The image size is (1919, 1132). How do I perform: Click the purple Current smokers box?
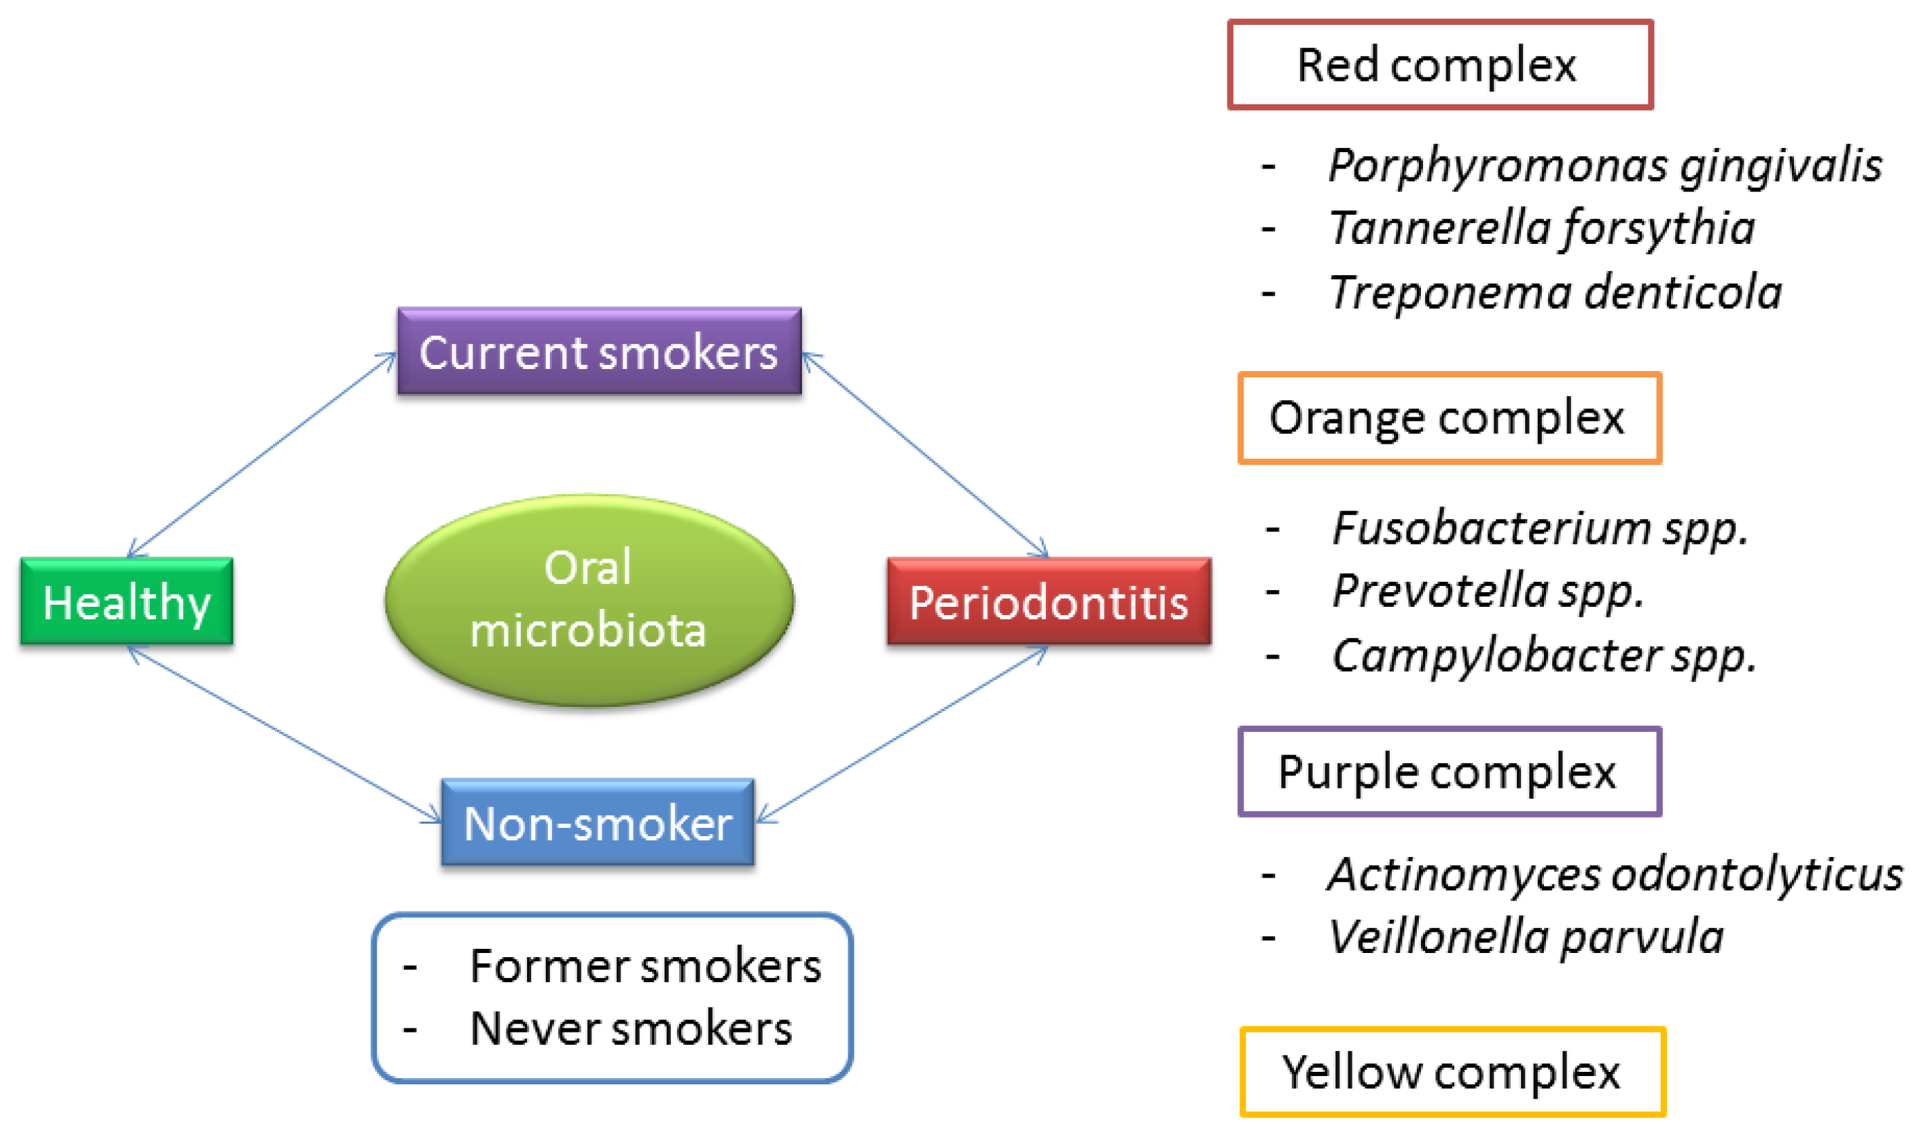(x=600, y=352)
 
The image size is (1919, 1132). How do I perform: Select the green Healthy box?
(x=126, y=603)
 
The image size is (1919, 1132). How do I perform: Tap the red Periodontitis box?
(x=1049, y=603)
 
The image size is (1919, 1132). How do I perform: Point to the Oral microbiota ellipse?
(x=589, y=601)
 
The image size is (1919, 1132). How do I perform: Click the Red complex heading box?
(x=1440, y=65)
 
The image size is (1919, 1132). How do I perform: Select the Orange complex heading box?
(x=1449, y=418)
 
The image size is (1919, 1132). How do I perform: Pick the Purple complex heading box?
(x=1449, y=772)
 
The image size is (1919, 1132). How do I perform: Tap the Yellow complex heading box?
(x=1453, y=1073)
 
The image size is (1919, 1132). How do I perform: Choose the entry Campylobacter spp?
(x=1544, y=655)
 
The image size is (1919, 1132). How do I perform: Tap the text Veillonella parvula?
(x=1525, y=936)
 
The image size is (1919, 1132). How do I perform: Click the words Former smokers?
(x=645, y=966)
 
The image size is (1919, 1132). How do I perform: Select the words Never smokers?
(x=631, y=1029)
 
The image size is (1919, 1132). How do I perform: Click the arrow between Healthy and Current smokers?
(x=262, y=455)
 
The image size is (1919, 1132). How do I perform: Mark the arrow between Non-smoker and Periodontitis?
(x=903, y=735)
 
